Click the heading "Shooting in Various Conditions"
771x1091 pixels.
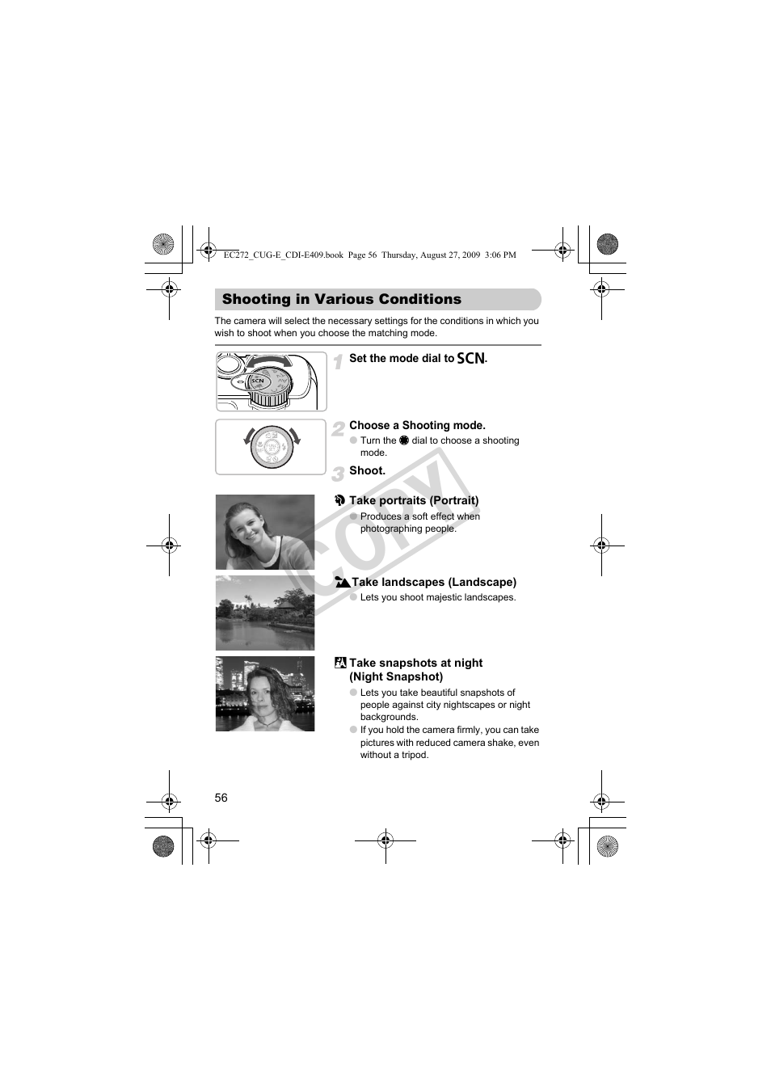click(342, 300)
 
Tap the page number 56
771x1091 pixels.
click(221, 798)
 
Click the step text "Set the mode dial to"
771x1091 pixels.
click(402, 359)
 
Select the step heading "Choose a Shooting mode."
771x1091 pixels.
click(417, 426)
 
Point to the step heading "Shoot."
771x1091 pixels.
click(367, 471)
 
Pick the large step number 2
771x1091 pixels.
click(338, 429)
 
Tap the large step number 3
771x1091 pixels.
click(338, 474)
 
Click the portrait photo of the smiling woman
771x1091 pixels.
click(265, 533)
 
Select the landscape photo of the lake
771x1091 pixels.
click(265, 613)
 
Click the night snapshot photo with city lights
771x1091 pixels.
click(265, 694)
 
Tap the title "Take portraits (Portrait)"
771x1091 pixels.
click(414, 501)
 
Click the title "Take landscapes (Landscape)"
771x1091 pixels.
click(434, 583)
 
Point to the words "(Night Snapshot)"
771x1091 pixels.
click(396, 677)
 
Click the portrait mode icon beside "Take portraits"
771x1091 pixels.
click(340, 501)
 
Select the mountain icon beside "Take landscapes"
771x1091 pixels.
click(342, 583)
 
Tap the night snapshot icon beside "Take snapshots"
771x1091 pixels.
click(340, 663)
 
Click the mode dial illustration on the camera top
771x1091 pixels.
click(271, 381)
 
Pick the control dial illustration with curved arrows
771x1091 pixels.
click(272, 447)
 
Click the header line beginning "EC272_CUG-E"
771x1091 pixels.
click(369, 255)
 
